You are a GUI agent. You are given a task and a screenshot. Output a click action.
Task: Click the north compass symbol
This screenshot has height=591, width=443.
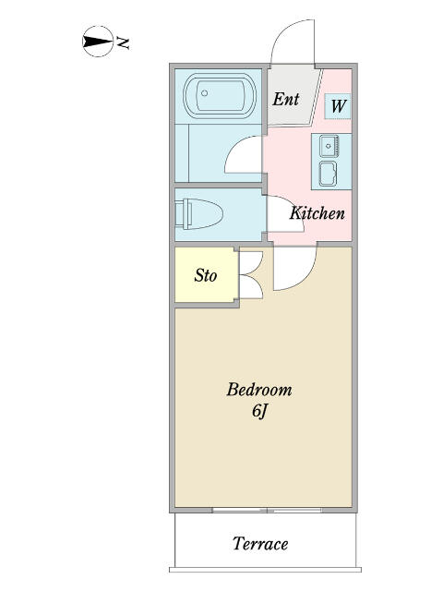98,42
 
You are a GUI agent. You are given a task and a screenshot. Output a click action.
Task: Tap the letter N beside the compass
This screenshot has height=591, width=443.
123,43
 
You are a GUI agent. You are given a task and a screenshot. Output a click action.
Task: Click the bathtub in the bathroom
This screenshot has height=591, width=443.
220,94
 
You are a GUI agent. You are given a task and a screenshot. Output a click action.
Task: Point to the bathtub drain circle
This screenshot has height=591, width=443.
204,93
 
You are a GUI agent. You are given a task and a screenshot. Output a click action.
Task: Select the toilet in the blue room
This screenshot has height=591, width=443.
199,213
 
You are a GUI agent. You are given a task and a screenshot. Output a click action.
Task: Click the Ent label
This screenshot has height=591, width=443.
286,99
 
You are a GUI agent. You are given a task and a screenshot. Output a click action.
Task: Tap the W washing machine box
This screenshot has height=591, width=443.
338,106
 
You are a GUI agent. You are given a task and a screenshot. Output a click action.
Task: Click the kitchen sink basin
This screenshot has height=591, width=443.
329,146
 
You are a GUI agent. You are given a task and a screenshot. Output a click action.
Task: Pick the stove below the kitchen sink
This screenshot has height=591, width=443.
329,174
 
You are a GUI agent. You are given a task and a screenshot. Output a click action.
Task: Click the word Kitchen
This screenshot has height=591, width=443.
317,213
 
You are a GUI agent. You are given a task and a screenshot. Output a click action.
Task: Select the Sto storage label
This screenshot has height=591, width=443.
206,275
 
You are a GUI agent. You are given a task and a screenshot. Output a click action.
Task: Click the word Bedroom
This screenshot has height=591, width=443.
259,390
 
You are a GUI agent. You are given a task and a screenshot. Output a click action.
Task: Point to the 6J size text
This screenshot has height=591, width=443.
259,411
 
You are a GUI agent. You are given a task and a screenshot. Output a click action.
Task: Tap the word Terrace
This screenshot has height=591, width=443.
260,544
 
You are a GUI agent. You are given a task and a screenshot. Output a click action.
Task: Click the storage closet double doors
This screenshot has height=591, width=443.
251,275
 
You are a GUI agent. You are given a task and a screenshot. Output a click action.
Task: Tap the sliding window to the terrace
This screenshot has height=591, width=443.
267,511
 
